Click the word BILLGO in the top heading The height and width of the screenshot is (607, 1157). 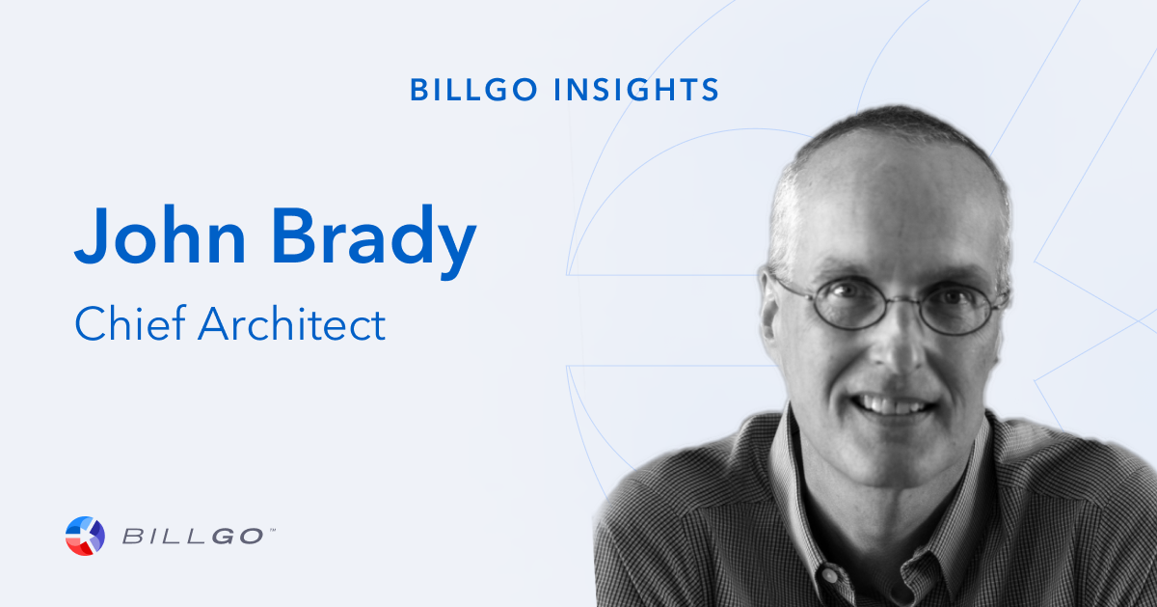click(473, 90)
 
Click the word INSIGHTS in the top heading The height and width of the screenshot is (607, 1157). click(635, 90)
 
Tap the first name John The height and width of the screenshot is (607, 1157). click(160, 235)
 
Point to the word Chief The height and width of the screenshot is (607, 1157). click(130, 323)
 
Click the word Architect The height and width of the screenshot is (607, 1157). click(292, 323)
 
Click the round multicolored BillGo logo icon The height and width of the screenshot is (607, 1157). click(85, 536)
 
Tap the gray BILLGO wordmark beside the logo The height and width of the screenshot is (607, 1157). click(193, 537)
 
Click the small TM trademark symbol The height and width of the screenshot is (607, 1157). click(272, 530)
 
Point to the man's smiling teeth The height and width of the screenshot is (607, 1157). click(894, 406)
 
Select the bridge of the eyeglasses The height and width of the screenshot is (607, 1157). click(901, 299)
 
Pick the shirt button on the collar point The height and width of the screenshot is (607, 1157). click(829, 574)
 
